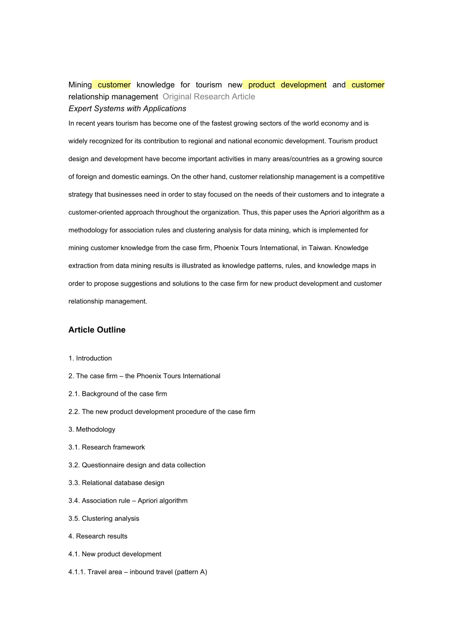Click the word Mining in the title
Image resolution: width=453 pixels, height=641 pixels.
(x=80, y=85)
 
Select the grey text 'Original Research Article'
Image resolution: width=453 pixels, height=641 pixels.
(x=209, y=96)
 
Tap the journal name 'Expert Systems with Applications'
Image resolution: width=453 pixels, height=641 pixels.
(x=127, y=108)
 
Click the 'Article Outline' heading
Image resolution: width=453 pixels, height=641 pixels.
(x=97, y=330)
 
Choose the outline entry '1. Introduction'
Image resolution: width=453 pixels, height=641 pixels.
(x=90, y=358)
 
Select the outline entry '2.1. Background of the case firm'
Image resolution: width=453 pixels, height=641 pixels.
(x=118, y=394)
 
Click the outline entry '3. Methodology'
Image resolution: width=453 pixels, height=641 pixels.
(x=92, y=429)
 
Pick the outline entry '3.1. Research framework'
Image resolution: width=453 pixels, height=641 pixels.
(x=107, y=447)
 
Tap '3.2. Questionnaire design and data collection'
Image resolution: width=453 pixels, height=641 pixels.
(x=137, y=465)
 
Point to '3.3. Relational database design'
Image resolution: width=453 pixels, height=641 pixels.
(x=116, y=483)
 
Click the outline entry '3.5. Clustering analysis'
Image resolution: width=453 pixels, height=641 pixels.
(x=104, y=518)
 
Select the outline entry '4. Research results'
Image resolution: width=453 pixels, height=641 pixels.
(x=98, y=536)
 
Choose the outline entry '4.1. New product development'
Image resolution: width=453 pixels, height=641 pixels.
(x=115, y=554)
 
